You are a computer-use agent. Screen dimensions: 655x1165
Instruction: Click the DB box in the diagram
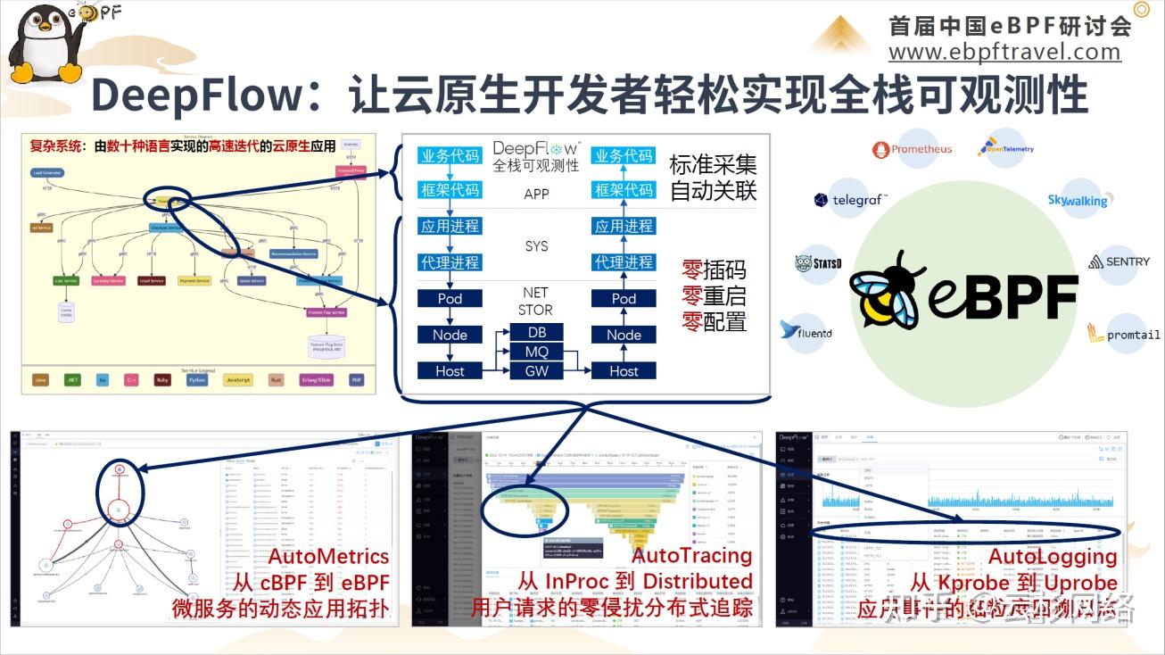[537, 332]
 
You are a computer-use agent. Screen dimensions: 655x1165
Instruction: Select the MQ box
[537, 352]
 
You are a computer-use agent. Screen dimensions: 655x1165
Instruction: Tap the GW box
[537, 370]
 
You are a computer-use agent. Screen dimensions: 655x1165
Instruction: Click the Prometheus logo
[912, 149]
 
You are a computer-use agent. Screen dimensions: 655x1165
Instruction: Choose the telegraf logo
[850, 200]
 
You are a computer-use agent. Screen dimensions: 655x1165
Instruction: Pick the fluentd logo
[806, 331]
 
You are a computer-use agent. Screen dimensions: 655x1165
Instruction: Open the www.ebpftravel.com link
[1004, 52]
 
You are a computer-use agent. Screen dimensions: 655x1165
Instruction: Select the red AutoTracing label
[692, 555]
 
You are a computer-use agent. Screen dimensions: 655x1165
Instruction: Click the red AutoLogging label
[1053, 556]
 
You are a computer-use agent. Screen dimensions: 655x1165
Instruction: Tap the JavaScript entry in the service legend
[238, 379]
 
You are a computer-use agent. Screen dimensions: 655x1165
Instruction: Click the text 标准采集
[713, 165]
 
